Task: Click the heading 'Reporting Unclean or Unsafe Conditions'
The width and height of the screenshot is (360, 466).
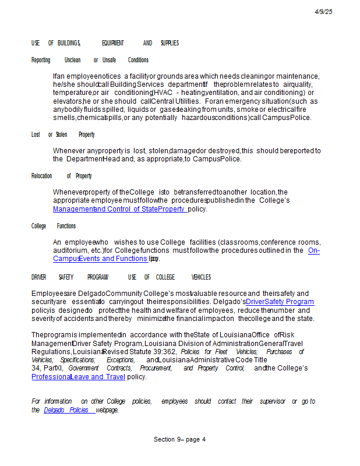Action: pyautogui.click(x=90, y=60)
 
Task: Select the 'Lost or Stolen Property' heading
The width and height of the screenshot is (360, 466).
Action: pyautogui.click(x=63, y=135)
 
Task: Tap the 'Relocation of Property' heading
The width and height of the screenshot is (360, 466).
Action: pyautogui.click(x=61, y=176)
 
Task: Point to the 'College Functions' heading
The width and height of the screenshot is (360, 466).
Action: pyautogui.click(x=54, y=226)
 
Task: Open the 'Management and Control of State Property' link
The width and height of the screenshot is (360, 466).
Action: pyautogui.click(x=120, y=209)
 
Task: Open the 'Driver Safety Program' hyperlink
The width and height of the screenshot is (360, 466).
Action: pyautogui.click(x=280, y=302)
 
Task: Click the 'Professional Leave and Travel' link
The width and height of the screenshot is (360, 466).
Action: pyautogui.click(x=78, y=377)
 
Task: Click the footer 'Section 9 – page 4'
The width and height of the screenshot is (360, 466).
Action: pyautogui.click(x=179, y=439)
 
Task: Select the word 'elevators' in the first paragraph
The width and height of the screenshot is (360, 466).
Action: pyautogui.click(x=67, y=101)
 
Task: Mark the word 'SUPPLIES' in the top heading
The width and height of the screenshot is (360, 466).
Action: pyautogui.click(x=170, y=43)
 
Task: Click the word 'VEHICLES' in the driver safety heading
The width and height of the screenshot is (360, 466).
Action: pyautogui.click(x=201, y=277)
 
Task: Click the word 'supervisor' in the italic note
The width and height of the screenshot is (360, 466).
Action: pyautogui.click(x=271, y=401)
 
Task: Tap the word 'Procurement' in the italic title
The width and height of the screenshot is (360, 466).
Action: pyautogui.click(x=156, y=368)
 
